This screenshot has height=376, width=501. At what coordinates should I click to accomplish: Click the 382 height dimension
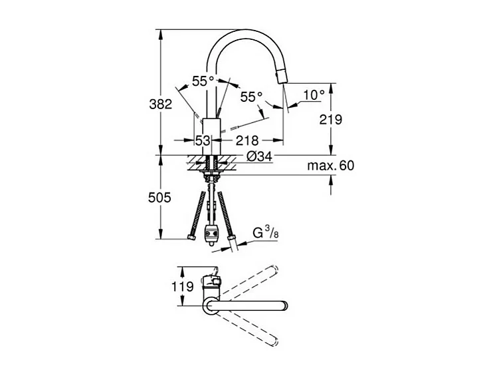point(160,104)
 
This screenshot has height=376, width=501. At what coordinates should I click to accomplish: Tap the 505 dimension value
point(159,198)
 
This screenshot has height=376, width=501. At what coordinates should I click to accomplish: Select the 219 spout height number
point(331,119)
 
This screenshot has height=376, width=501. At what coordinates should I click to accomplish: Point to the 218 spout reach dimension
point(247,140)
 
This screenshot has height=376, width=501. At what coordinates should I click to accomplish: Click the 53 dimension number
point(203,140)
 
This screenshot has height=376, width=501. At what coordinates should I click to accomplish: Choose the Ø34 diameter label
point(259,156)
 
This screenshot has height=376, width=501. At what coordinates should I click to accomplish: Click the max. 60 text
point(331,166)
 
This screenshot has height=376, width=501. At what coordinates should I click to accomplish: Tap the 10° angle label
point(314,95)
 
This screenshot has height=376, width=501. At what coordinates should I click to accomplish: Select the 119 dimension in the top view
point(183,286)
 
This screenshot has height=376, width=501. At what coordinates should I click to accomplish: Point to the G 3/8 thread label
point(266,233)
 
